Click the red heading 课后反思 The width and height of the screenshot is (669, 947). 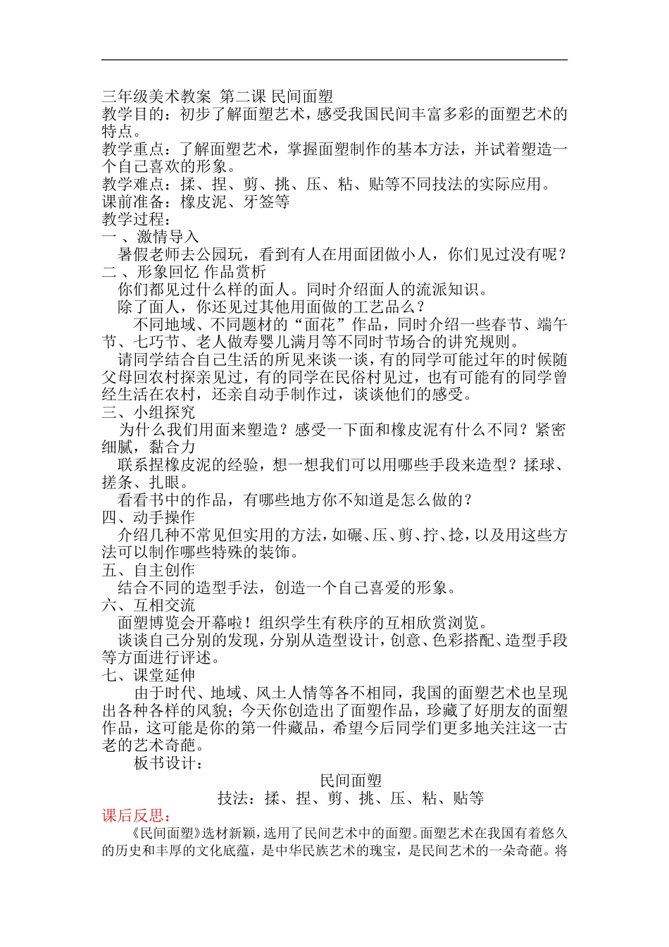click(x=136, y=816)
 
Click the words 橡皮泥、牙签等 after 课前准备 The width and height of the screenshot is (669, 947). click(x=235, y=202)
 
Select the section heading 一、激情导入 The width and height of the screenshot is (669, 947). click(x=150, y=237)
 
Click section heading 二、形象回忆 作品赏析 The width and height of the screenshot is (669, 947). click(x=184, y=272)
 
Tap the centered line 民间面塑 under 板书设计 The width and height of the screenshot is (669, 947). click(x=351, y=781)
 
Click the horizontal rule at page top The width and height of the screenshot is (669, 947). click(x=334, y=60)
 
